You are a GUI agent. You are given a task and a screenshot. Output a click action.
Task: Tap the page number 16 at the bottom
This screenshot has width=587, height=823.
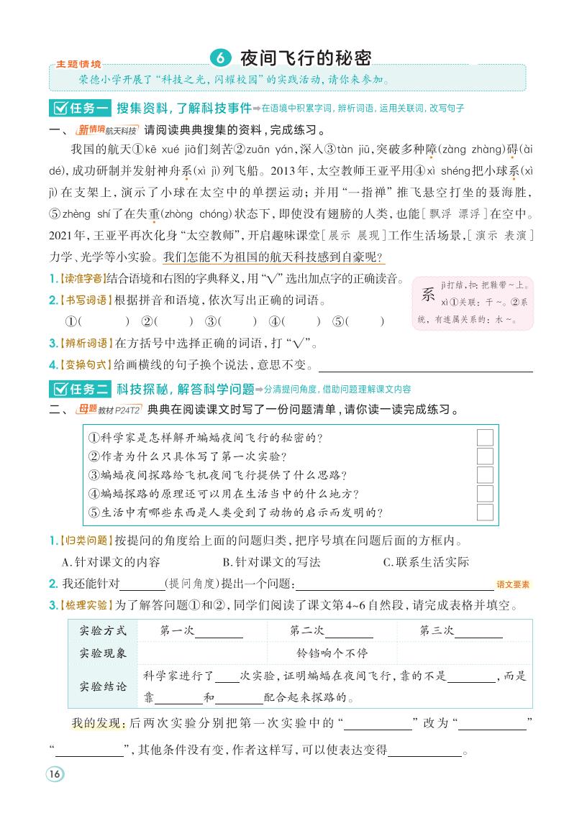point(55,774)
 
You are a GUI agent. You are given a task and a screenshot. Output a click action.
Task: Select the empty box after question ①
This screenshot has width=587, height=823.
point(485,438)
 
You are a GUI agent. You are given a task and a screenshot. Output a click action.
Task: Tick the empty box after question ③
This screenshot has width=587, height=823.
point(485,475)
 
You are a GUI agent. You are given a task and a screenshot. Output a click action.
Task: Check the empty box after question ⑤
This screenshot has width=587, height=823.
point(485,512)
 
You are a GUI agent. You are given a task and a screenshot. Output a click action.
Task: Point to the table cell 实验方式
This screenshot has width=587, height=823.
point(102,631)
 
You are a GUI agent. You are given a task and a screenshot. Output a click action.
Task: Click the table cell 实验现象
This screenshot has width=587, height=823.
point(102,653)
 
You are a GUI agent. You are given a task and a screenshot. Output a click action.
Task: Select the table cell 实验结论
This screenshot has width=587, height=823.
point(102,686)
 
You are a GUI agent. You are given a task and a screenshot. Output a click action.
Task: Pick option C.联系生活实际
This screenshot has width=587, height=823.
point(426,562)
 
